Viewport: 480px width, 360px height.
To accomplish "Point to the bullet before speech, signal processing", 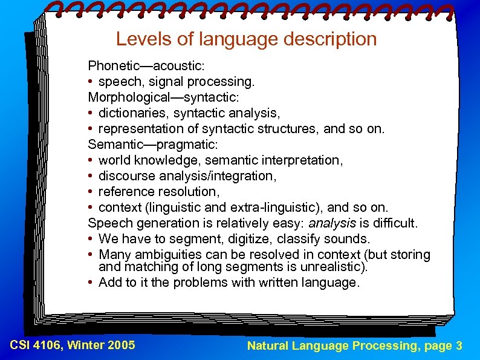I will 90,81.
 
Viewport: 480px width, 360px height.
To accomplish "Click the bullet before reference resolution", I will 90,192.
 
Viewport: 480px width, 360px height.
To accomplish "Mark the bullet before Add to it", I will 90,283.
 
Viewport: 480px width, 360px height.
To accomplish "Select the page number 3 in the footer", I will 459,345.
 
